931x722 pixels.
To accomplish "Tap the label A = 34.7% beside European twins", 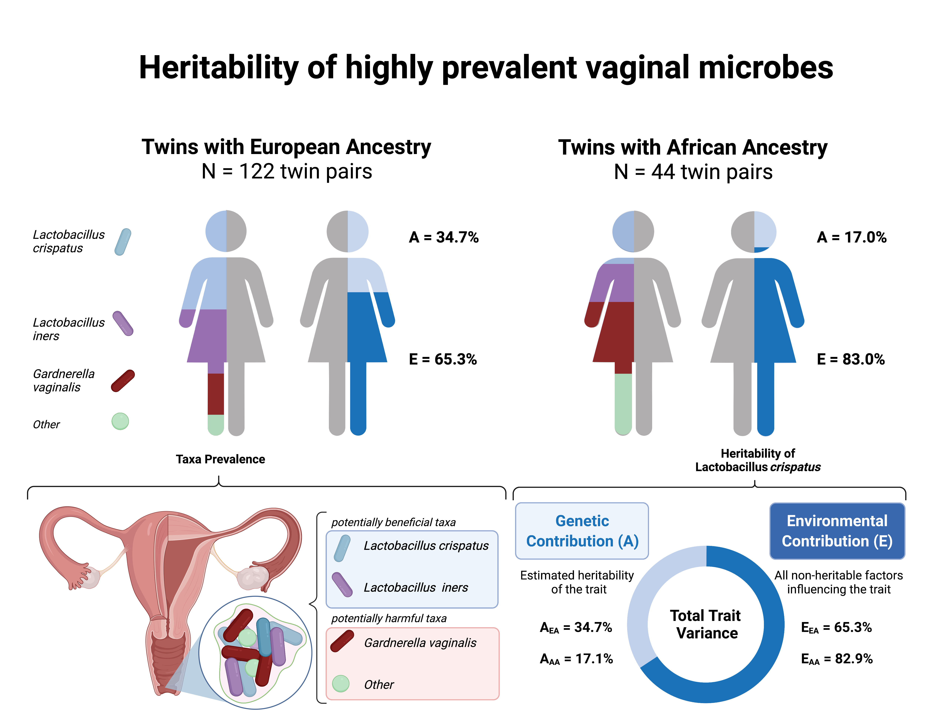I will pyautogui.click(x=443, y=237).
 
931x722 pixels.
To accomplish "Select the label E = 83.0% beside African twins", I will pyautogui.click(x=850, y=359).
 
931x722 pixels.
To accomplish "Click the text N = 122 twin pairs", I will pyautogui.click(x=286, y=172).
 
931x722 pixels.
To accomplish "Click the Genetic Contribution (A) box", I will pyautogui.click(x=582, y=531).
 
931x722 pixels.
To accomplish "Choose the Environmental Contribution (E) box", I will pyautogui.click(x=837, y=531).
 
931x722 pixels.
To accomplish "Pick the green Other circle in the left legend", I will pyautogui.click(x=120, y=421).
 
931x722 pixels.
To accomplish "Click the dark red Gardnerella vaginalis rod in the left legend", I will pyautogui.click(x=123, y=380).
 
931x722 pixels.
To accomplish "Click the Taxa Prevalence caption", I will pyautogui.click(x=220, y=459).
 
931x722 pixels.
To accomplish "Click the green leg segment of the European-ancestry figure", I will pyautogui.click(x=216, y=425).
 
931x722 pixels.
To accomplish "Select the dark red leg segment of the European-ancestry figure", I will pyautogui.click(x=216, y=394).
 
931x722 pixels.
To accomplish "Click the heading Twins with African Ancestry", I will pyautogui.click(x=693, y=147).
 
